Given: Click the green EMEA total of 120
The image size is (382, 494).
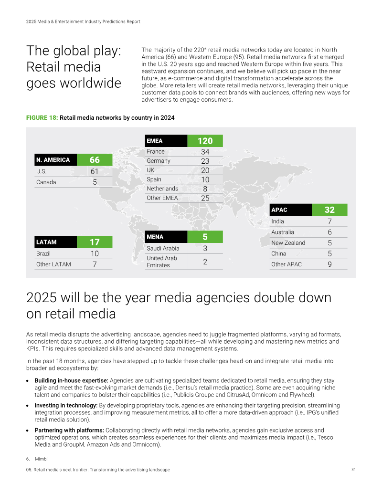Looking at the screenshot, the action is click(205, 141).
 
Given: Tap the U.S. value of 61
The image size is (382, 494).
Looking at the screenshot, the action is click(95, 171).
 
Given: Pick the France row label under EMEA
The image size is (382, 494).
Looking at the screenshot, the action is click(155, 151).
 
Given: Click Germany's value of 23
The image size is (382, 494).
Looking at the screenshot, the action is click(205, 161).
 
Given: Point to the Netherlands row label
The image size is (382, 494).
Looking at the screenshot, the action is click(162, 189).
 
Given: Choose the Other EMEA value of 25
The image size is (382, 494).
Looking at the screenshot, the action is click(205, 198).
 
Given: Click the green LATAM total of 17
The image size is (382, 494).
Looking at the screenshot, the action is click(95, 242).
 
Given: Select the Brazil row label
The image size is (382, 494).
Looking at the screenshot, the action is click(43, 253).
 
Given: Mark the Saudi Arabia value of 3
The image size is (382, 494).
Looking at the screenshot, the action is click(205, 249).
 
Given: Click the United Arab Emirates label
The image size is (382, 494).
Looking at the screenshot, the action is click(162, 262).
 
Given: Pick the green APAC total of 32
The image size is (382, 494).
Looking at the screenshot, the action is click(329, 210).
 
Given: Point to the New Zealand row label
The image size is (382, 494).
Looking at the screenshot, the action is click(288, 243).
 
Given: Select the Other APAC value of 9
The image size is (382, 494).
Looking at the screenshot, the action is click(329, 264).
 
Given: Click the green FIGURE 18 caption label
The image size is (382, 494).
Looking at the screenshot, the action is click(42, 117).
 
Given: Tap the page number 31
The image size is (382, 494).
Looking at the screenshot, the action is click(354, 470).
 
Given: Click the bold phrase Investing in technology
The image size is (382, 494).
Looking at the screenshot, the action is click(66, 405).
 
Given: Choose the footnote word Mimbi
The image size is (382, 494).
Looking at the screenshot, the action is click(41, 459).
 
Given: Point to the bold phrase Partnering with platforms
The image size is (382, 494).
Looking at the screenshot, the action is click(69, 430).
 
